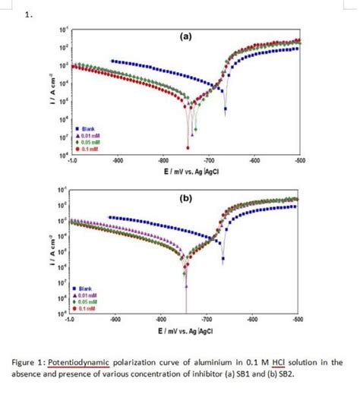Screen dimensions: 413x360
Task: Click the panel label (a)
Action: [186, 36]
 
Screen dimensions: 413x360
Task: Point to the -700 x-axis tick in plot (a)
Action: [210, 161]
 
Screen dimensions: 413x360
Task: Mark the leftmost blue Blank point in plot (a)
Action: [112, 61]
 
